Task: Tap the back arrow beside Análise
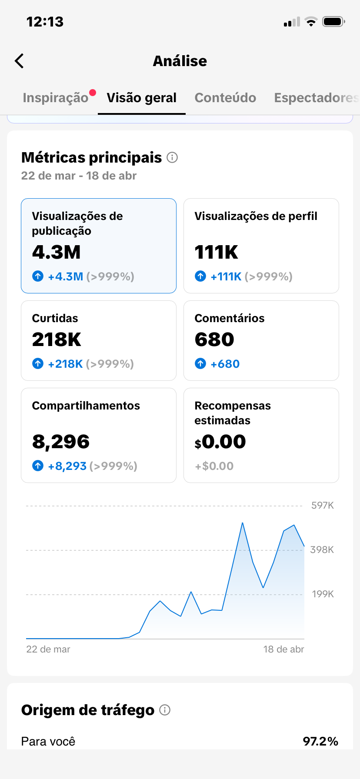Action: click(x=19, y=61)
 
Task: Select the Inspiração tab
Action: click(x=56, y=98)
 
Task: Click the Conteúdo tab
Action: click(x=225, y=98)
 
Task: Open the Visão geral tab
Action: click(x=142, y=98)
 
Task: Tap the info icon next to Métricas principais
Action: click(x=172, y=157)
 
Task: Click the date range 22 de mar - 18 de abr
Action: click(x=79, y=176)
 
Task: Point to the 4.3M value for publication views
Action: click(x=57, y=252)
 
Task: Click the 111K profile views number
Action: click(x=216, y=252)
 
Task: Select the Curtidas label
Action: click(x=55, y=318)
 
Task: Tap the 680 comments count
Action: click(x=214, y=340)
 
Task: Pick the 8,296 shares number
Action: click(x=61, y=442)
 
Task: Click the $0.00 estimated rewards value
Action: click(x=220, y=442)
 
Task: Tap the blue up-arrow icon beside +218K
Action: click(x=38, y=363)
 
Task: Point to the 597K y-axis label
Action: click(x=323, y=505)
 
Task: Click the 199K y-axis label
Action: click(x=323, y=594)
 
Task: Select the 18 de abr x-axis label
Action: click(x=283, y=649)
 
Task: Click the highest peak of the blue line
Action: click(x=243, y=523)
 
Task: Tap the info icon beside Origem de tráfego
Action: click(x=165, y=710)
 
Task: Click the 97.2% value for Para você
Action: click(x=320, y=741)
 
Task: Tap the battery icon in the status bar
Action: click(x=333, y=22)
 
